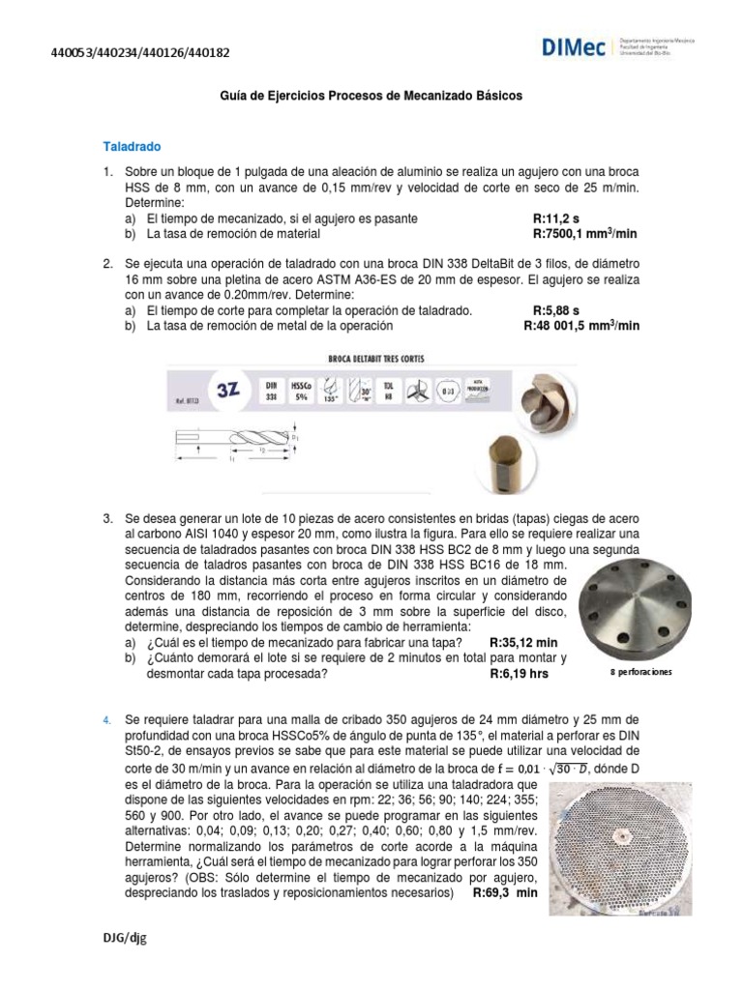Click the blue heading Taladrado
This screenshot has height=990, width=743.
(x=132, y=147)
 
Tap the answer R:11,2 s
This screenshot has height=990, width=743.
(x=555, y=218)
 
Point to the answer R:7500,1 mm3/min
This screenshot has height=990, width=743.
(x=585, y=233)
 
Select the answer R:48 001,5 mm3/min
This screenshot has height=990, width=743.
(x=580, y=326)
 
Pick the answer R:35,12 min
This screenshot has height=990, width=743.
(x=523, y=643)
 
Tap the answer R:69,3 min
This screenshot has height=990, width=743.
(x=504, y=893)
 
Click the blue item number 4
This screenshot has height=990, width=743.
(x=107, y=720)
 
